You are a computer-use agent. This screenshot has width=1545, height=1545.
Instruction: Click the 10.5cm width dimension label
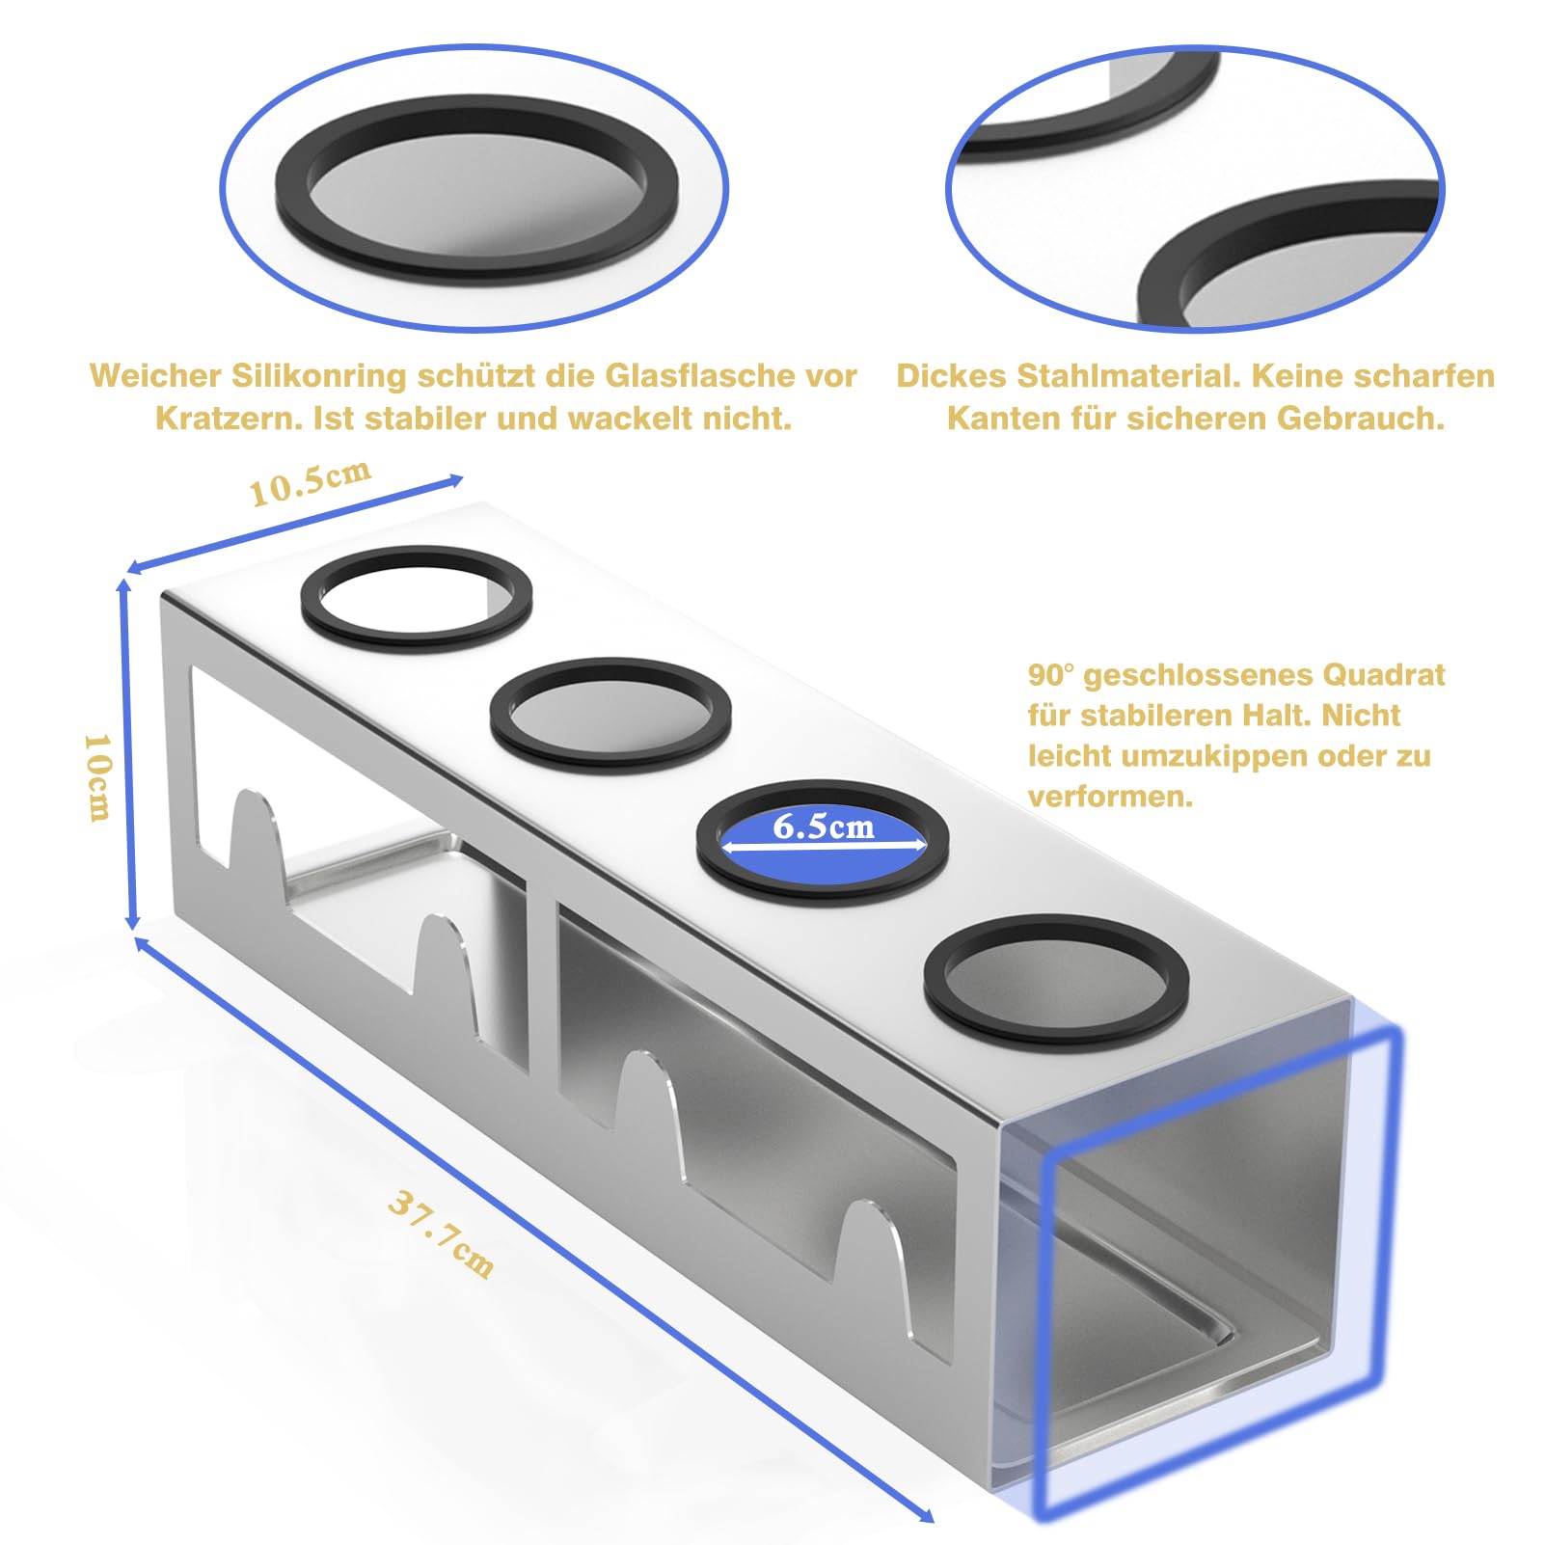click(x=311, y=483)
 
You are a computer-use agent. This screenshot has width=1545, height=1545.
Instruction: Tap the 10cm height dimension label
click(x=97, y=776)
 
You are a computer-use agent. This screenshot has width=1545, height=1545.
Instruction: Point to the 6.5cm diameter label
click(x=823, y=826)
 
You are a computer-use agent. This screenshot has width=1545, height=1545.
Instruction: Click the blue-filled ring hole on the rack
click(x=823, y=841)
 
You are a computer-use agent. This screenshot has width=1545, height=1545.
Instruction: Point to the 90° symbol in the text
click(x=1050, y=674)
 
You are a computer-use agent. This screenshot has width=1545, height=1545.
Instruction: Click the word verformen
click(x=1110, y=797)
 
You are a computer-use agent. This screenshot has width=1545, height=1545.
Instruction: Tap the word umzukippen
click(x=1215, y=756)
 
